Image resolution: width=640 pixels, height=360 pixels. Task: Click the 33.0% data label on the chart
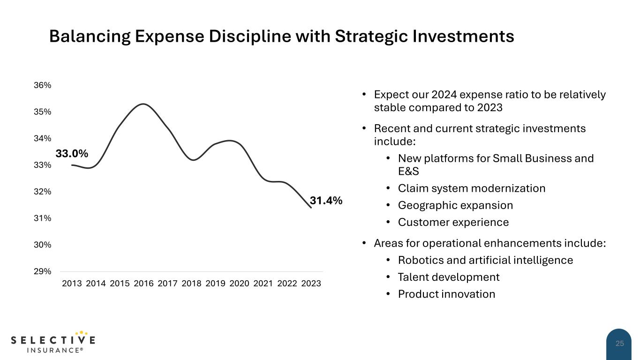[72, 154]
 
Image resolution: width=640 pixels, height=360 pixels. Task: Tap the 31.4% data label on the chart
[326, 201]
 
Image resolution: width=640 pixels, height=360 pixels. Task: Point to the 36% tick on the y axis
[43, 85]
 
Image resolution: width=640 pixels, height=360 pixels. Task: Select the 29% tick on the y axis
[43, 271]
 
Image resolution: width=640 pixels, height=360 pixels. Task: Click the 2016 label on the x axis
[143, 284]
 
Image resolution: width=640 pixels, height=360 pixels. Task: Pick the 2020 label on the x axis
[239, 284]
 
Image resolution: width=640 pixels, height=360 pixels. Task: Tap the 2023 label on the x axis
[311, 284]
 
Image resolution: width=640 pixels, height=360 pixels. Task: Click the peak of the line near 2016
[143, 104]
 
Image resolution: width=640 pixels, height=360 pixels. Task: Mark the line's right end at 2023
[311, 208]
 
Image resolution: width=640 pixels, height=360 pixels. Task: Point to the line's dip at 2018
[193, 160]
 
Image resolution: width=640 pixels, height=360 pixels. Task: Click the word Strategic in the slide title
[371, 36]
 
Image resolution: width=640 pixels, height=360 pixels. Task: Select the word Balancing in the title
[90, 36]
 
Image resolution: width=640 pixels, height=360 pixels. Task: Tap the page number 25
[620, 344]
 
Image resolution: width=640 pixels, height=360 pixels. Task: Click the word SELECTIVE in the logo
[53, 340]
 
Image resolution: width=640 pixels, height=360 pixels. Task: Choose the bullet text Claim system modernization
[471, 188]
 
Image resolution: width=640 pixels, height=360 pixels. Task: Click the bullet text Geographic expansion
[455, 205]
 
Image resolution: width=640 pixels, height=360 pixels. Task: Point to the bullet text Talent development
[449, 277]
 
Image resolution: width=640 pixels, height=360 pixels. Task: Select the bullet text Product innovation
[446, 294]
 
